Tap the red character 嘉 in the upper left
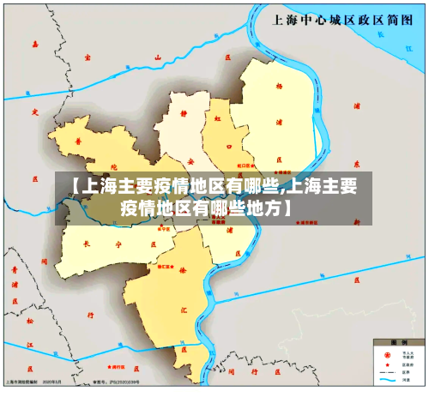pyautogui.click(x=33, y=43)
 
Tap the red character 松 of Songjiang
pyautogui.click(x=29, y=321)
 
